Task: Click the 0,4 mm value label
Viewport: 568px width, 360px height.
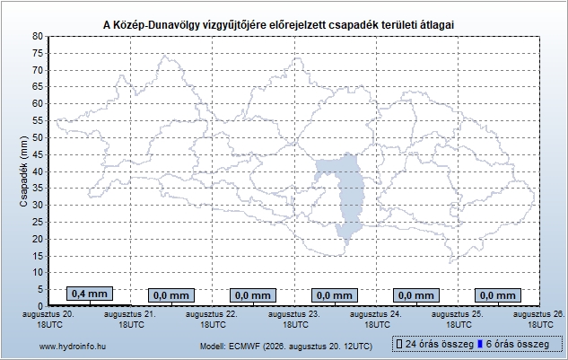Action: point(90,294)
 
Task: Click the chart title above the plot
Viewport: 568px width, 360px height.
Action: point(278,25)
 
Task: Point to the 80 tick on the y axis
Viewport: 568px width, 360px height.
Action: point(38,36)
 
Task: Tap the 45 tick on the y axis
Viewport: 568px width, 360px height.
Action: point(38,154)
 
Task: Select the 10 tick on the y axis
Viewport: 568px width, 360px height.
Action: point(38,273)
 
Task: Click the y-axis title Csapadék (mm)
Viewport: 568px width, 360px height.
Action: point(23,171)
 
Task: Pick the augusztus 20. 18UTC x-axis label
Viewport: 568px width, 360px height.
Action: point(48,320)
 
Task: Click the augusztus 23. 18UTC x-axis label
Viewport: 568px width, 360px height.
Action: point(294,320)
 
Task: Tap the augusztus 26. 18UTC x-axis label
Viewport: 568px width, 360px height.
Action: point(540,320)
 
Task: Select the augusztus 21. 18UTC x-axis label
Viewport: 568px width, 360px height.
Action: point(130,320)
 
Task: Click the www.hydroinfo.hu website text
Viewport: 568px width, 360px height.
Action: point(73,347)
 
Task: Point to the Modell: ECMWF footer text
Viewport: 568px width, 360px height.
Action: point(286,347)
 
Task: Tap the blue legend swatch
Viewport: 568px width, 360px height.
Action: point(480,344)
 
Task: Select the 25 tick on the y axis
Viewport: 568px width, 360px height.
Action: point(38,222)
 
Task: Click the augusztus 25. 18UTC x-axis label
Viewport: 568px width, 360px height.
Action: point(458,320)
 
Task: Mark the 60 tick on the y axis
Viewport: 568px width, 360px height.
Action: point(38,103)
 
